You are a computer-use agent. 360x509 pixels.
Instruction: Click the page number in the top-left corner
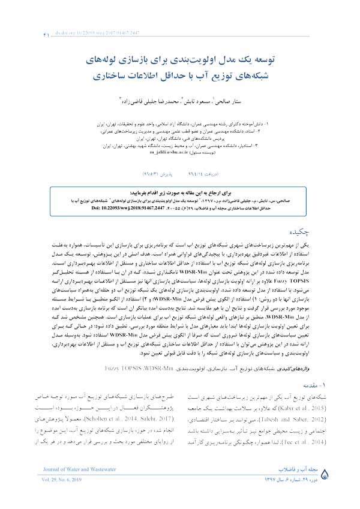point(29,37)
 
